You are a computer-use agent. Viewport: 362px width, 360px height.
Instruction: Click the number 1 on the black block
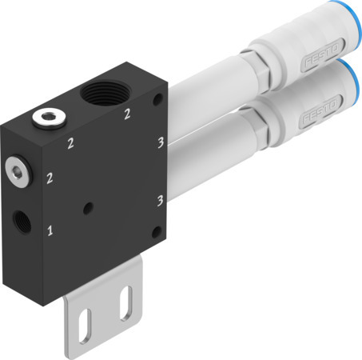pyautogui.click(x=50, y=232)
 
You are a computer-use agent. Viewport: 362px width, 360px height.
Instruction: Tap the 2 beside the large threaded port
pyautogui.click(x=127, y=114)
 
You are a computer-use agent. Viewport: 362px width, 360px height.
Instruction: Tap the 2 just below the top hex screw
pyautogui.click(x=70, y=143)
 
